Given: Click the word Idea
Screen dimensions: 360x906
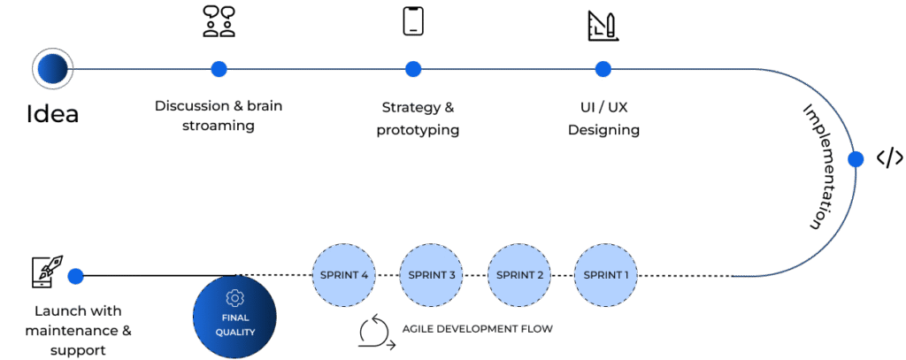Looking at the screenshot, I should tap(52, 114).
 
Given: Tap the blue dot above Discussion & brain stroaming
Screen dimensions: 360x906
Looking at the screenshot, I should tap(219, 69).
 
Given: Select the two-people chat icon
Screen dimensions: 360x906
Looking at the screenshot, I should tap(219, 21).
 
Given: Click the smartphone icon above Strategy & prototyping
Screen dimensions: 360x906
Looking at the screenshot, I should tap(412, 21).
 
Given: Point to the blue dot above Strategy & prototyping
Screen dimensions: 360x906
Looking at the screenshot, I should tap(412, 69).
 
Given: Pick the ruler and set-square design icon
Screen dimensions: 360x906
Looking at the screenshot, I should tap(603, 26).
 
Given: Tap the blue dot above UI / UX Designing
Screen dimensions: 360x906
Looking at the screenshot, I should tap(603, 69).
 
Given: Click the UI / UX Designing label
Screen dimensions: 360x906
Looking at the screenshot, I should tap(603, 118).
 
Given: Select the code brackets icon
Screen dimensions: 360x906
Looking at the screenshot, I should tap(889, 158).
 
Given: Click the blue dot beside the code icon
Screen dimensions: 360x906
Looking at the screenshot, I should tap(856, 159).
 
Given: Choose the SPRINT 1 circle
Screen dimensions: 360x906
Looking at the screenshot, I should tap(606, 275).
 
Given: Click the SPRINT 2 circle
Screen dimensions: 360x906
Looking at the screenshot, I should tap(520, 275).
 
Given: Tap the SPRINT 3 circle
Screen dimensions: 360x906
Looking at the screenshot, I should tap(432, 275).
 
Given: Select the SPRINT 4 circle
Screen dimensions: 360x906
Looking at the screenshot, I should tap(344, 275).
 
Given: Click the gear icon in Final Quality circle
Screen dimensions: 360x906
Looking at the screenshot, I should tap(234, 297).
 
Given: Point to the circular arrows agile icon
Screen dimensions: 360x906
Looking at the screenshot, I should tap(373, 331).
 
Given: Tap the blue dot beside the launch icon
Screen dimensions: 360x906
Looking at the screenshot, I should tap(75, 276).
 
